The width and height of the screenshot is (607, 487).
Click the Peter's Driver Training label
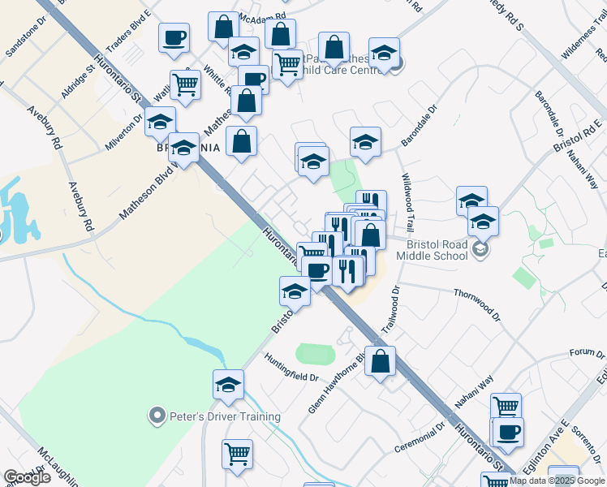pyautogui.click(x=225, y=417)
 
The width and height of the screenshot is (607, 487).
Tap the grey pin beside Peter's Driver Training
pyautogui.click(x=157, y=417)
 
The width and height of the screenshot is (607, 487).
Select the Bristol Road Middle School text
pyautogui.click(x=433, y=249)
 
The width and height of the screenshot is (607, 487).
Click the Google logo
pyautogui.click(x=27, y=477)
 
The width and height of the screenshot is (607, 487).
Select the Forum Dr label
pyautogui.click(x=582, y=353)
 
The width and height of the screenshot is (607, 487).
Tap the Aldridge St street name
pyautogui.click(x=78, y=83)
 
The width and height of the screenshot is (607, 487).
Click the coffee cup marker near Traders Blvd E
pyautogui.click(x=174, y=39)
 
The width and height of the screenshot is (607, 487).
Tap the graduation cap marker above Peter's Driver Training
pyautogui.click(x=229, y=386)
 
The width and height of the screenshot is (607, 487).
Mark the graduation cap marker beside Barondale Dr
pyautogui.click(x=366, y=142)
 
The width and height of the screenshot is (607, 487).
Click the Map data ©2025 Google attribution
pyautogui.click(x=557, y=481)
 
